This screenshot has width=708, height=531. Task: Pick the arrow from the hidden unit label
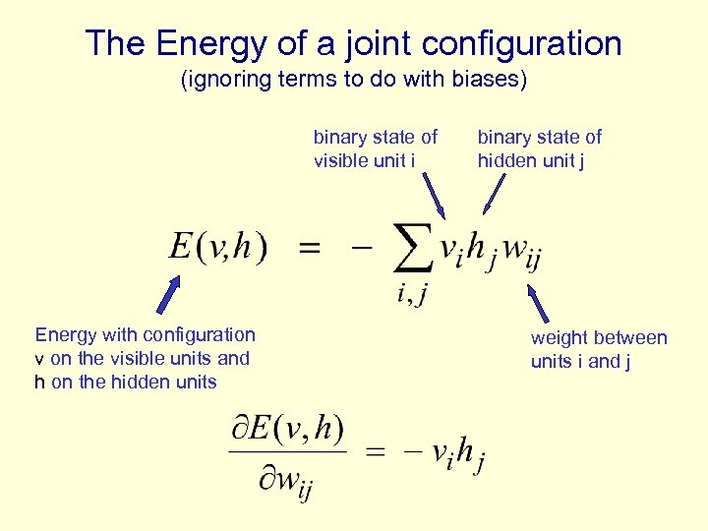[x=494, y=194]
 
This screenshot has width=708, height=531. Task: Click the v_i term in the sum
[x=451, y=252]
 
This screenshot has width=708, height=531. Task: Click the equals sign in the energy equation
[x=309, y=249]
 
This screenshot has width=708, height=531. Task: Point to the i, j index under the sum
[x=411, y=293]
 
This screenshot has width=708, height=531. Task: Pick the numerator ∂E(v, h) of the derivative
[x=287, y=430]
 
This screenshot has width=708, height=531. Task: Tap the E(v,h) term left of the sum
[x=218, y=246]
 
